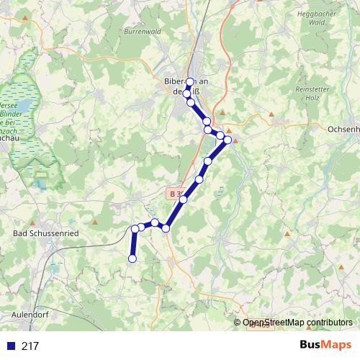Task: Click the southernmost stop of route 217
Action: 132,258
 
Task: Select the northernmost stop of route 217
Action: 190,82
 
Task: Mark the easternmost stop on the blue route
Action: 228,140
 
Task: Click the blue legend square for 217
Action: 9,346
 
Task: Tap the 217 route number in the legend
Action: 30,346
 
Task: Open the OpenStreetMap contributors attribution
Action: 297,323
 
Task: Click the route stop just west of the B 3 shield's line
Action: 184,199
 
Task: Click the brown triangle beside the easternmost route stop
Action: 235,140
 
